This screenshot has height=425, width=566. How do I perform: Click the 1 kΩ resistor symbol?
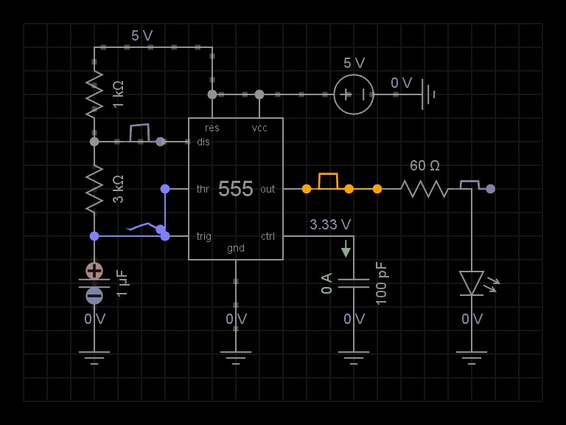click(x=94, y=94)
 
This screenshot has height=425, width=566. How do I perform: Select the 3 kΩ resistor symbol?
click(x=94, y=189)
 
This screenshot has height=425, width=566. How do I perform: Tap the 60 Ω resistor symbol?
click(x=424, y=189)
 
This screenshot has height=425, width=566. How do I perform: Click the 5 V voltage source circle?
click(x=354, y=94)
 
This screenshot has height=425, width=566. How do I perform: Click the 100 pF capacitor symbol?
click(x=354, y=283)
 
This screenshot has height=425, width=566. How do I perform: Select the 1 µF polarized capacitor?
click(x=94, y=283)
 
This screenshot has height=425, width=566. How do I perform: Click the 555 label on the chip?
click(x=236, y=189)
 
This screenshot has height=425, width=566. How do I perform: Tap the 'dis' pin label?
click(x=203, y=142)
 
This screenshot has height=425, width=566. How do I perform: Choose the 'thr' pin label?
click(x=203, y=189)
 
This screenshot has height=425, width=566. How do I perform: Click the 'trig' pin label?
click(x=204, y=236)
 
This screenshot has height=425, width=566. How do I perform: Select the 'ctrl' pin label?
click(x=268, y=236)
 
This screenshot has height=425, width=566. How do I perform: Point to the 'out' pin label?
click(x=268, y=189)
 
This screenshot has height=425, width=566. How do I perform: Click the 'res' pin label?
click(x=212, y=128)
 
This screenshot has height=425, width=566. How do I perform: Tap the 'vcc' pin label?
click(x=259, y=128)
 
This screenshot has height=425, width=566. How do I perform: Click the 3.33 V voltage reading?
click(x=330, y=224)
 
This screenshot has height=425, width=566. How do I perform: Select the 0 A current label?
click(x=327, y=283)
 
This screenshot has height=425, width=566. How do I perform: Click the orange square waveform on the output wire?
click(x=328, y=181)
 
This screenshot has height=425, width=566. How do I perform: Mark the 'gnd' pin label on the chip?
click(x=236, y=248)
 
